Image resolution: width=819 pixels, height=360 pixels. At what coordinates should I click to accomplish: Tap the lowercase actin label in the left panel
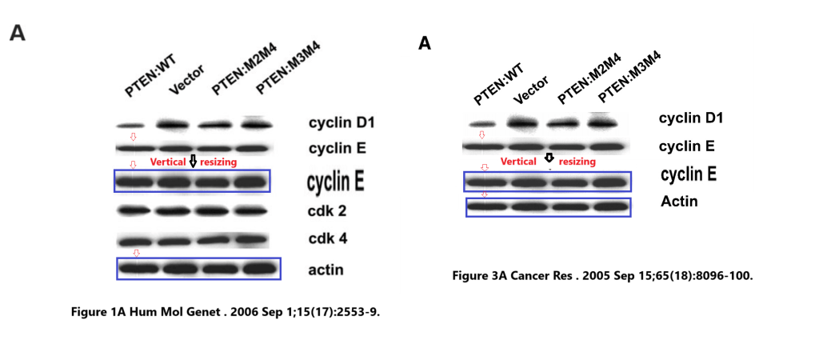(326, 270)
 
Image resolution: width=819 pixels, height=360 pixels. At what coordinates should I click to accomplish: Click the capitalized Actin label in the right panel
(679, 202)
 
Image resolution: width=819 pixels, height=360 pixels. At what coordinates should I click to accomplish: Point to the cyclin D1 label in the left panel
(342, 123)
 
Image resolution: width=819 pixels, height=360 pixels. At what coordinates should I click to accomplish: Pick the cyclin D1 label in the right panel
(691, 118)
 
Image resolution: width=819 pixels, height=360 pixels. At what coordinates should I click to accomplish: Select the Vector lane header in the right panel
(531, 90)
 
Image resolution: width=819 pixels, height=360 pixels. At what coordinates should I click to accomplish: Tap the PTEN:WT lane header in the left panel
(150, 78)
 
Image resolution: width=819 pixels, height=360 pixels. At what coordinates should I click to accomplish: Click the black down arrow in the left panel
(193, 161)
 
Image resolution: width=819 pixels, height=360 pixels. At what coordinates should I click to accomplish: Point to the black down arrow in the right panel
(549, 158)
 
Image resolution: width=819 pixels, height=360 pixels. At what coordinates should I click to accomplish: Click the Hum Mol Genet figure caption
(225, 311)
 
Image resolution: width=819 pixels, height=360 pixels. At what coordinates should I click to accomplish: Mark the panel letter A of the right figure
(425, 43)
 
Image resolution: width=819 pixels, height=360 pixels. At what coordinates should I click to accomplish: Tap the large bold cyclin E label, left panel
(335, 182)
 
